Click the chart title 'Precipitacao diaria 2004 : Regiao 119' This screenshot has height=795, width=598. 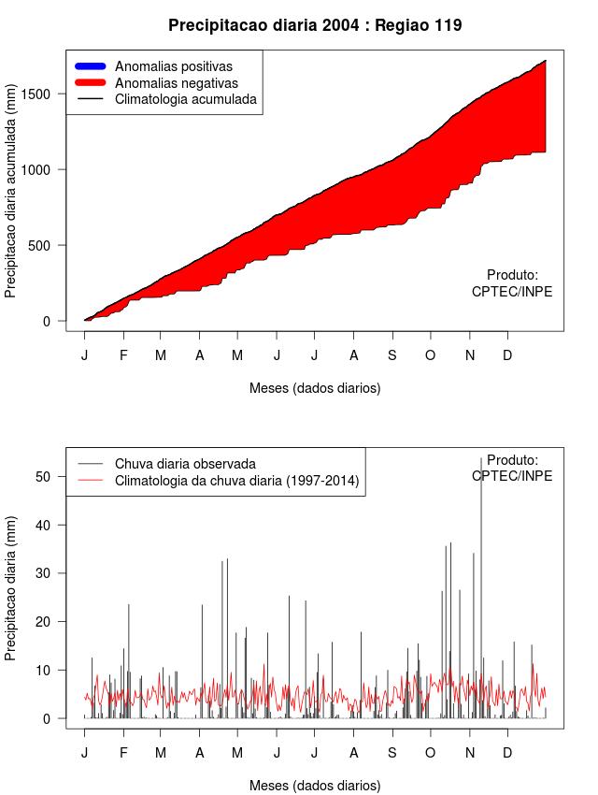point(315,25)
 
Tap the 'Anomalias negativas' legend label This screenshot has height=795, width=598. point(177,83)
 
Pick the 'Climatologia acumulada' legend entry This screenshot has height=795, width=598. point(185,99)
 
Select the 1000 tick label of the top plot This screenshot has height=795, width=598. point(42,169)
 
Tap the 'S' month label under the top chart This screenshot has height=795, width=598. point(392,355)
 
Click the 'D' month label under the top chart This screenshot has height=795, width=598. point(507,355)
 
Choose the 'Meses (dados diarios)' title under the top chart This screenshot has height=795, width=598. point(315,387)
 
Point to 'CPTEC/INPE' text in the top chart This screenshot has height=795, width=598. point(512,292)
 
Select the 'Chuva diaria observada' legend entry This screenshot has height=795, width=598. point(185,464)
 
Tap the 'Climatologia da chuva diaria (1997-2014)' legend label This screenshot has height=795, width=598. point(237,481)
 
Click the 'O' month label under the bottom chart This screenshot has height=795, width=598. point(430,753)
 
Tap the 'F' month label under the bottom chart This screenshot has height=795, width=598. point(123,753)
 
